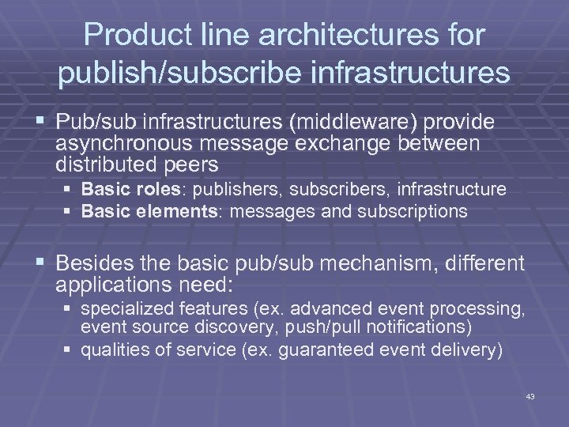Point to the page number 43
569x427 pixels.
(529, 396)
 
